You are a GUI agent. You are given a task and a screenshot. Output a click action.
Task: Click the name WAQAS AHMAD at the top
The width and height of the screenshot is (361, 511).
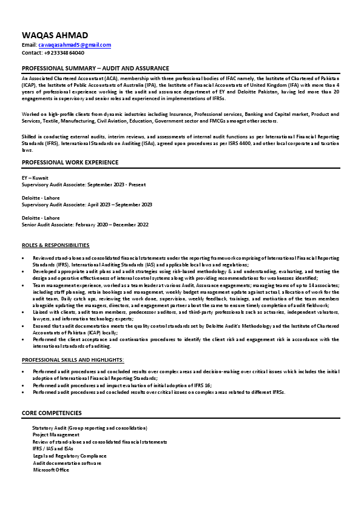pos(55,35)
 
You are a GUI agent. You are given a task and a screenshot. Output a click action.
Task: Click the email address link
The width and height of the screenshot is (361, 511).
pos(75,45)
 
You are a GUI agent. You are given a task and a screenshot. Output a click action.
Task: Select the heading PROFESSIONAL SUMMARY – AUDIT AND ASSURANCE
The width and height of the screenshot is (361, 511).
pos(95,68)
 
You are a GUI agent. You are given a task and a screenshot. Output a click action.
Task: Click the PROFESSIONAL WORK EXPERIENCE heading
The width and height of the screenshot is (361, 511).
pos(70,162)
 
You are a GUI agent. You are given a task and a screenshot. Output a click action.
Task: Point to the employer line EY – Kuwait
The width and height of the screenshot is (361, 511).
pos(35,178)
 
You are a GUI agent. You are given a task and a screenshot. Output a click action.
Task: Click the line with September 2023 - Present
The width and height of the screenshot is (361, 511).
pos(83,184)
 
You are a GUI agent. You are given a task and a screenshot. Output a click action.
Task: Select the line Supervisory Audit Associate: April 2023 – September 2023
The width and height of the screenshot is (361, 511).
pos(87,205)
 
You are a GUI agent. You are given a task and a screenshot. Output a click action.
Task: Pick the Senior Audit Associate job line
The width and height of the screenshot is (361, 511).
pos(85,225)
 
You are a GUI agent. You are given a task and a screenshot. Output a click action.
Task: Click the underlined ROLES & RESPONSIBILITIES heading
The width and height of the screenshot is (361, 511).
pos(55,245)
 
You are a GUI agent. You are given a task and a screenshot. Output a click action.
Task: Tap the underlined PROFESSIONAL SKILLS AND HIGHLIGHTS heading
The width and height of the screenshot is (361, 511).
pos(73,360)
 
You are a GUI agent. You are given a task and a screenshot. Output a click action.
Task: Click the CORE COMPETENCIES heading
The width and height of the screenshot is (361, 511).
pos(52,413)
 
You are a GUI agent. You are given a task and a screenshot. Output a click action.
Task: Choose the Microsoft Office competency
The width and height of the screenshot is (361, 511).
pos(51,469)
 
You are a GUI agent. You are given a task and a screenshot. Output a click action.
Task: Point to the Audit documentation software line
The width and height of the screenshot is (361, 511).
pos(67,462)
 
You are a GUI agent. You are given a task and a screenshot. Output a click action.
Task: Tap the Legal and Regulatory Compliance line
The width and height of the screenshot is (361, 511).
pos(69,455)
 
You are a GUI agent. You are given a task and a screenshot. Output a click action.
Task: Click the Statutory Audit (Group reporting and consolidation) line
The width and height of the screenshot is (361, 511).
pos(90,428)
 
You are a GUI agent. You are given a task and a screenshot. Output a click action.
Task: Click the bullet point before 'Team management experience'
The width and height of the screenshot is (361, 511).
pos(24,285)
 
